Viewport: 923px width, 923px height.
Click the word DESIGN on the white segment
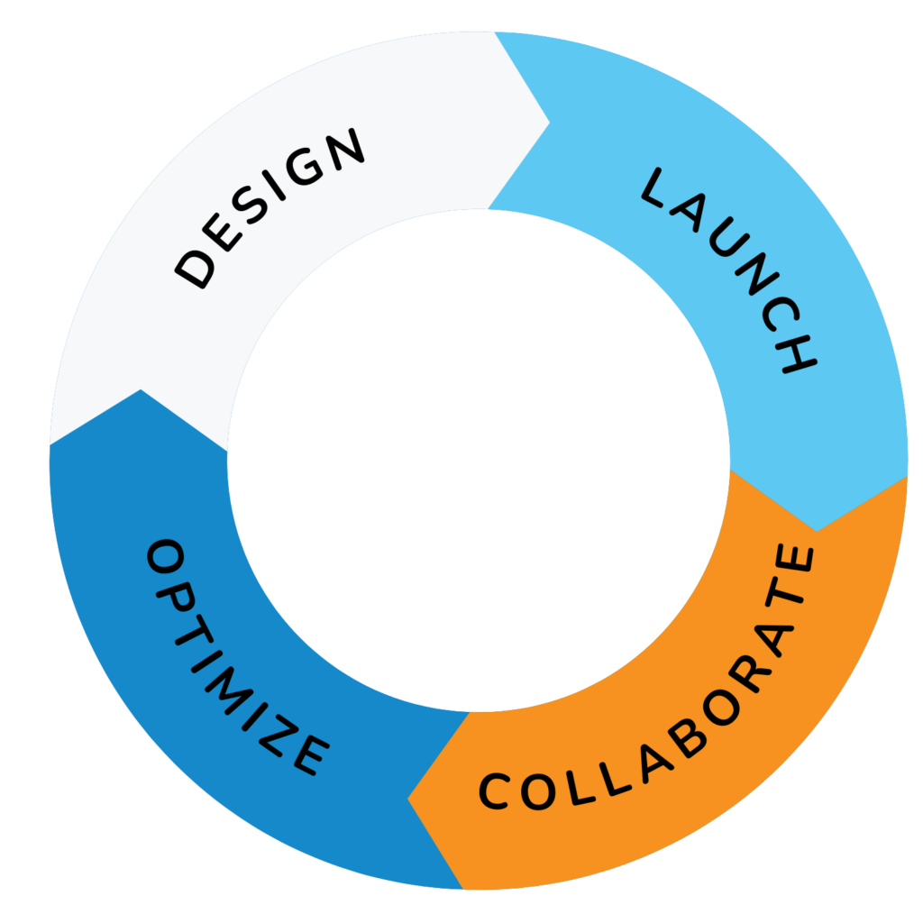(x=271, y=208)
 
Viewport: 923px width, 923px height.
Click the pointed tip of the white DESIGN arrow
(x=549, y=118)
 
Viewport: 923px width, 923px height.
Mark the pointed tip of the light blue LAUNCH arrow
(x=817, y=530)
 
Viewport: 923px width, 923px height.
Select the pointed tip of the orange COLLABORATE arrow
(x=408, y=799)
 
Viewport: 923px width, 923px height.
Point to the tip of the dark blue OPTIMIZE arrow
(x=140, y=390)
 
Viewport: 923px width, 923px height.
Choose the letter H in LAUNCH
(x=795, y=355)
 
